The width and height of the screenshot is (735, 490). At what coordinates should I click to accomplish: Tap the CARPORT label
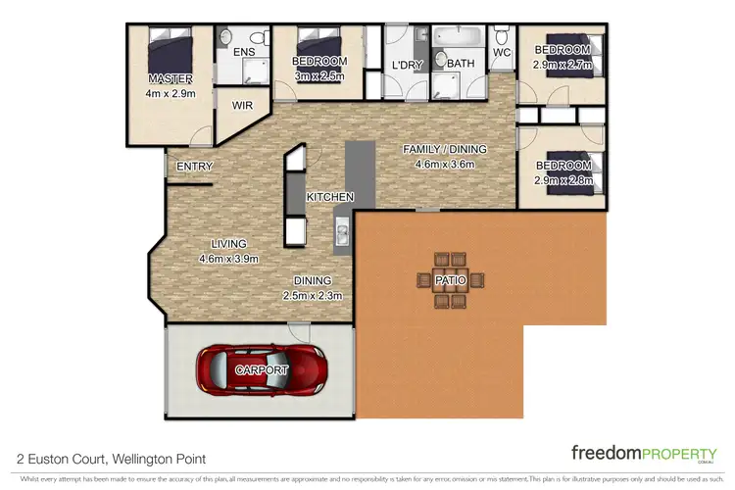click(x=262, y=370)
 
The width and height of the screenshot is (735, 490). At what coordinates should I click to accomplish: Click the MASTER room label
click(x=170, y=78)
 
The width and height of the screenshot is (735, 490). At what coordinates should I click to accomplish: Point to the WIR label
click(x=242, y=104)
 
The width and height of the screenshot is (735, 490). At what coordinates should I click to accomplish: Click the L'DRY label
click(x=405, y=65)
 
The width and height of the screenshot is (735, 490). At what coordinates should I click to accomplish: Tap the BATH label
click(x=460, y=65)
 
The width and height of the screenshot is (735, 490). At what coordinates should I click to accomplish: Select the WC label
click(x=502, y=52)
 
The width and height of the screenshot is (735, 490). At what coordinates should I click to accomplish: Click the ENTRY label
click(x=194, y=167)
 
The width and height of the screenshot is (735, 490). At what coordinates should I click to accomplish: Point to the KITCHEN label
click(x=329, y=198)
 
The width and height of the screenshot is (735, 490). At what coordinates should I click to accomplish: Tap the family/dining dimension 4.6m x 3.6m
click(x=445, y=164)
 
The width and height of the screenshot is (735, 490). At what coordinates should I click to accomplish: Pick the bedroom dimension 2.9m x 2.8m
click(x=563, y=182)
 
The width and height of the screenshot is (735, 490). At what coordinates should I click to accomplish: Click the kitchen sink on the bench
click(x=343, y=234)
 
